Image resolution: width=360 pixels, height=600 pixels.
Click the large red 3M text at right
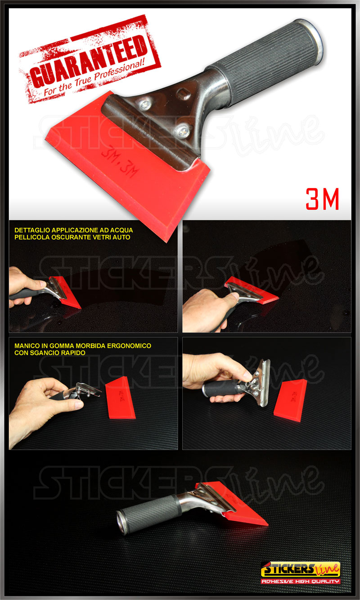(322, 199)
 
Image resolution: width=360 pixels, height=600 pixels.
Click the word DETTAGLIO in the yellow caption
(33, 230)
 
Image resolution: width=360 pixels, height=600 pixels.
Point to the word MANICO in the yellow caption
(27, 346)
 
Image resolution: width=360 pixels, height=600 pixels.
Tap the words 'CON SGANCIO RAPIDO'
(50, 353)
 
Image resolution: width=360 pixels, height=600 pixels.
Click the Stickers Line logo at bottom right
(301, 568)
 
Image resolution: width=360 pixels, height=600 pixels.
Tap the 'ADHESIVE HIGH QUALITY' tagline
(301, 581)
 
